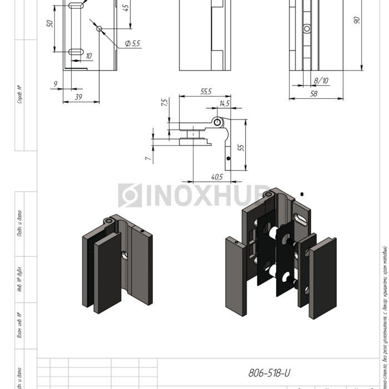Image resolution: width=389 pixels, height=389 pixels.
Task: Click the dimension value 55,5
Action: [x=206, y=92]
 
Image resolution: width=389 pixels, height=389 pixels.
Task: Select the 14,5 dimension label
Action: [x=224, y=104]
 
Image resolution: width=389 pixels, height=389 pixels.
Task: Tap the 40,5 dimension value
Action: [x=217, y=177]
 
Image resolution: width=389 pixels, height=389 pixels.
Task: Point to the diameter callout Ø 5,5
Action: [x=133, y=43]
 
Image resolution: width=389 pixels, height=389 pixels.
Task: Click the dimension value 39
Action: [x=78, y=97]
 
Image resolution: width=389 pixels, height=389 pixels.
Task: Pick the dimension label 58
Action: [x=313, y=94]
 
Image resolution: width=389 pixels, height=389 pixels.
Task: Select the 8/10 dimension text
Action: [x=321, y=81]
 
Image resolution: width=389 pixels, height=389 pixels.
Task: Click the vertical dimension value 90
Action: [x=357, y=20]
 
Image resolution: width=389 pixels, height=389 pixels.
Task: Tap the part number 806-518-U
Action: [x=270, y=372]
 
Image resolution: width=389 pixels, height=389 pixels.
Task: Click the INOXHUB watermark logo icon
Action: [x=130, y=195]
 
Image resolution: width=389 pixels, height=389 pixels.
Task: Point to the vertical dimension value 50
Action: [x=50, y=24]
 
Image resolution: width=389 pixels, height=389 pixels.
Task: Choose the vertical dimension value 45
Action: [x=126, y=8]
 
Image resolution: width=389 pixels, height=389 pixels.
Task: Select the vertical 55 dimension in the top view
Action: [x=241, y=147]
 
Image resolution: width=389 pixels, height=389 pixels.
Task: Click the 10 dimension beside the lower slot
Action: [x=89, y=56]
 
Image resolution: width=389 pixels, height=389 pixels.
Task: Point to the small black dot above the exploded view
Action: [x=301, y=194]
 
